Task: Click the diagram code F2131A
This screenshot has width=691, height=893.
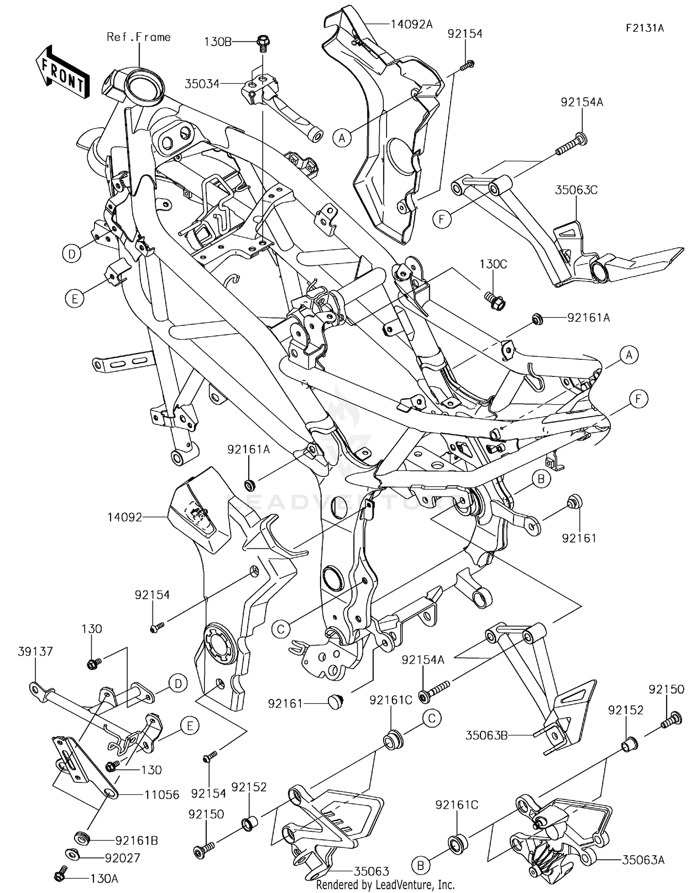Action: click(644, 28)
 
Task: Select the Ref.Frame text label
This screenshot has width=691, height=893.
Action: click(138, 37)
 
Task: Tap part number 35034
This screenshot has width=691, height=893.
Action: click(202, 84)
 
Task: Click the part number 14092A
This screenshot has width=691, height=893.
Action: click(411, 24)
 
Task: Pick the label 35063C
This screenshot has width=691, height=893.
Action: click(576, 190)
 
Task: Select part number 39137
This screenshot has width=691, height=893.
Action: click(35, 652)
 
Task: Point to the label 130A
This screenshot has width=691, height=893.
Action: click(105, 879)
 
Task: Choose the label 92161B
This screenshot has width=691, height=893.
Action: click(136, 840)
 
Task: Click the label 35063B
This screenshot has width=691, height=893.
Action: click(486, 735)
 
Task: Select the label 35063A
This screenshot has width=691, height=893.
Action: click(643, 860)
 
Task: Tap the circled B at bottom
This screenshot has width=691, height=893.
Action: click(421, 866)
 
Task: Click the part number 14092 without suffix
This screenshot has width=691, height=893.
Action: click(124, 517)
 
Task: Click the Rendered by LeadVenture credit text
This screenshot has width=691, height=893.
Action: click(385, 885)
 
